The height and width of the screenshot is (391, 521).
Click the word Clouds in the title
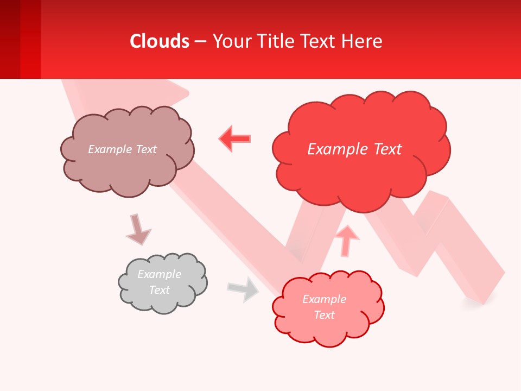[160, 41]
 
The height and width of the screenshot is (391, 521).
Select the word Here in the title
[363, 41]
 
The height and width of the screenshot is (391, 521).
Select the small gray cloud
[162, 283]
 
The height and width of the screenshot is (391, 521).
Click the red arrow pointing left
[235, 138]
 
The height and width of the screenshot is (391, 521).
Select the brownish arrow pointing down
[138, 229]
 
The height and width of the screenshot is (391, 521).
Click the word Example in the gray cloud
[159, 274]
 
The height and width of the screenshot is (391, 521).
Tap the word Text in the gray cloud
[159, 290]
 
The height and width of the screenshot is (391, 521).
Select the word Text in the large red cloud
[387, 149]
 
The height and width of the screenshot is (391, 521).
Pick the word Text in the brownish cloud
[145, 149]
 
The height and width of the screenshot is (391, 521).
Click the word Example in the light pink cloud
[324, 299]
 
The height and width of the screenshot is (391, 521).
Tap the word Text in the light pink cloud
[324, 315]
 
